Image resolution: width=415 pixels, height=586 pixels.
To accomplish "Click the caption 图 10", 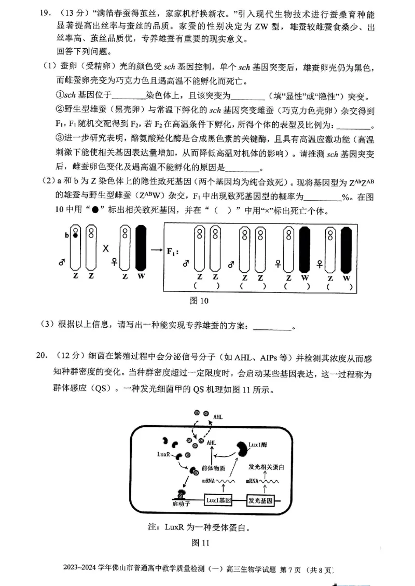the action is click(x=200, y=300).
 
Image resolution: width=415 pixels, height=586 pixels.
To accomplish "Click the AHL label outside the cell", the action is click(x=218, y=416).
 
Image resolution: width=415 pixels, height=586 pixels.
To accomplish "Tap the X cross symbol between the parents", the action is click(x=106, y=248).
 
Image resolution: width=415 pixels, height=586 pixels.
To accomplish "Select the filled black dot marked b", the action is click(x=75, y=235).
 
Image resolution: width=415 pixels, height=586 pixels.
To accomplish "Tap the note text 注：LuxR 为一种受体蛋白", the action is click(x=199, y=527).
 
